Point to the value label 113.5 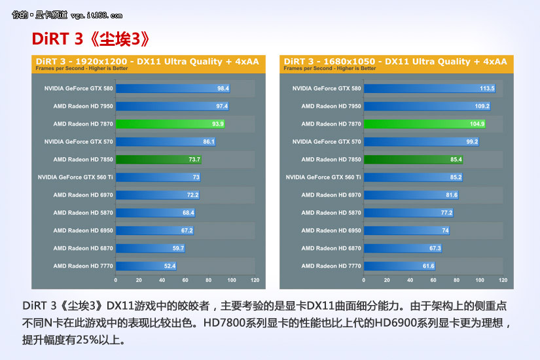pyautogui.click(x=487, y=88)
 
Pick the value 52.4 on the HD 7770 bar pyautogui.click(x=170, y=266)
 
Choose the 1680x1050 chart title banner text pyautogui.click(x=396, y=62)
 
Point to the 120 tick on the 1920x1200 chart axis pyautogui.click(x=255, y=280)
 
